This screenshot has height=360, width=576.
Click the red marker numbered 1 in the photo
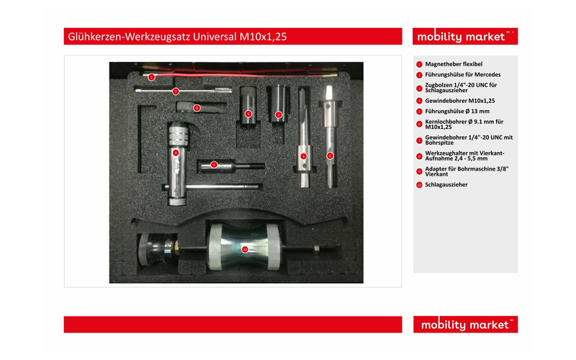(151, 77)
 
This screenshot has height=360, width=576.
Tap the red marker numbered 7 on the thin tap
(176, 91)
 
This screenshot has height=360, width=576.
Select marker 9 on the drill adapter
(197, 108)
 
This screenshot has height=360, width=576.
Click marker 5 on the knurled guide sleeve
(248, 114)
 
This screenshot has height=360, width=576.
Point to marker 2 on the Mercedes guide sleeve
(279, 115)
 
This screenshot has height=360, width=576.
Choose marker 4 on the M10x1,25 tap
(303, 156)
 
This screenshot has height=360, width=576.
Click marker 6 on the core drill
(330, 156)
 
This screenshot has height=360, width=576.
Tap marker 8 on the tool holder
(176, 153)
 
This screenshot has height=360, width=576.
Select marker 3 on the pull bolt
(214, 165)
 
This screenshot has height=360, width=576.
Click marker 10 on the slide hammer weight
(245, 250)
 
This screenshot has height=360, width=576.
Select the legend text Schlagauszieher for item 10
(446, 185)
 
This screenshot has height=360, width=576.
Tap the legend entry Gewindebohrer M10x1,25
(460, 101)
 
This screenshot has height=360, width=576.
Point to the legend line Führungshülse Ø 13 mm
(457, 112)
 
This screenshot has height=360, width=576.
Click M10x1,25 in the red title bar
(263, 37)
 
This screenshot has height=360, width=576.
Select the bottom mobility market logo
(465, 325)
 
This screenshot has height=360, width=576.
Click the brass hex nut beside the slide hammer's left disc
(176, 248)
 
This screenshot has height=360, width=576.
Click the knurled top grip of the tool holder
(179, 135)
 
